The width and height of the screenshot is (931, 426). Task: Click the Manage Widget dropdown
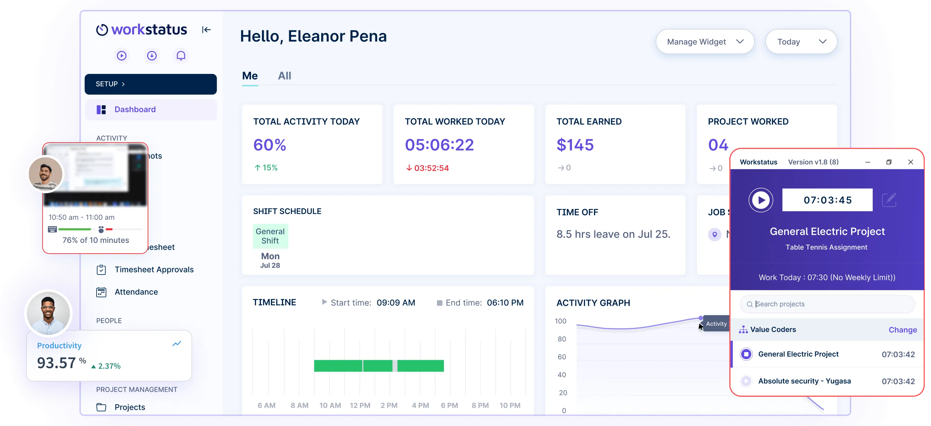click(x=704, y=42)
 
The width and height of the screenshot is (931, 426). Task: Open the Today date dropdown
click(x=801, y=42)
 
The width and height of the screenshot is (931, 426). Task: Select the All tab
click(x=285, y=76)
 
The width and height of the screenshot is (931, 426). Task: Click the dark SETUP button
click(x=150, y=84)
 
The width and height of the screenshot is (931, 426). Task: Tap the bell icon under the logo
click(x=181, y=56)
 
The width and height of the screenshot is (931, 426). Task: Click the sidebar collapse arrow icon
click(x=206, y=30)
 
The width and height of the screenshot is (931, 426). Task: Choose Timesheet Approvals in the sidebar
click(x=154, y=270)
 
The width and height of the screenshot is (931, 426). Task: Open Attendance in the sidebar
click(x=136, y=292)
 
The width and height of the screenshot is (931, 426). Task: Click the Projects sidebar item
click(x=130, y=407)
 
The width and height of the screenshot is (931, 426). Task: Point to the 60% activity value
click(x=270, y=145)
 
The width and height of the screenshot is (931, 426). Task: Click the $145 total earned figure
click(x=575, y=145)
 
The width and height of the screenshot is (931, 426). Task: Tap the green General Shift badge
click(x=270, y=236)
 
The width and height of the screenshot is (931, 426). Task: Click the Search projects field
click(x=831, y=304)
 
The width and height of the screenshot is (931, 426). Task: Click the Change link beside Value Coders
click(x=902, y=330)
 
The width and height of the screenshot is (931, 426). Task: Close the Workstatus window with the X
click(x=911, y=162)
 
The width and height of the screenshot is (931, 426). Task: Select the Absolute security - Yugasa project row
click(x=804, y=381)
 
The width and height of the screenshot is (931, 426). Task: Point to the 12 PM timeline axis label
click(x=360, y=406)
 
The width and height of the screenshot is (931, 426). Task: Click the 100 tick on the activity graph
click(x=560, y=321)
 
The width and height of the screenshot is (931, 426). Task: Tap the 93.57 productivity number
click(x=56, y=363)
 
